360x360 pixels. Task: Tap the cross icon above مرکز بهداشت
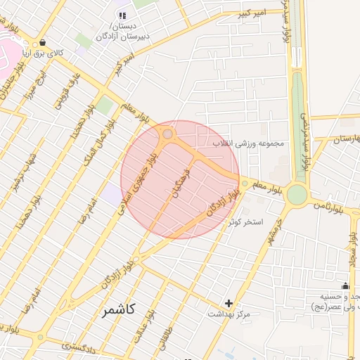click(x=229, y=303)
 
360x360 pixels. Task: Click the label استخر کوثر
click(x=245, y=221)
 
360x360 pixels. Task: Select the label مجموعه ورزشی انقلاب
click(x=248, y=143)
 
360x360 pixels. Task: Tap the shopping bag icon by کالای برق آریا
click(x=44, y=42)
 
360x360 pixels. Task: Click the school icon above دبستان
click(x=122, y=15)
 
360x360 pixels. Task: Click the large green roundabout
click(x=297, y=194)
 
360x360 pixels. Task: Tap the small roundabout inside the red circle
click(x=168, y=134)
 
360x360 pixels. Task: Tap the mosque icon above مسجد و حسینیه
click(x=345, y=285)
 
